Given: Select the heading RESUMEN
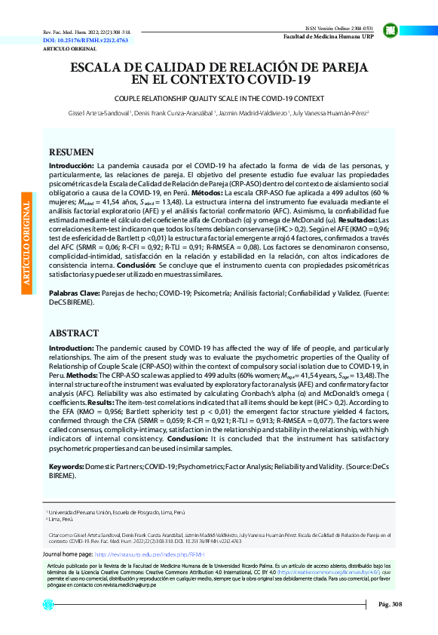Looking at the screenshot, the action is pyautogui.click(x=72, y=152).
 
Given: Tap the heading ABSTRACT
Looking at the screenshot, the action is pyautogui.click(x=73, y=333).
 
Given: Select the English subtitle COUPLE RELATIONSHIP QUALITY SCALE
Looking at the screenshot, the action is pyautogui.click(x=219, y=98).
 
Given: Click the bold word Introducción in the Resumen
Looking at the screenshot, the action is pyautogui.click(x=72, y=164).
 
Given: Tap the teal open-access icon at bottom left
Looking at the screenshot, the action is pyautogui.click(x=48, y=604).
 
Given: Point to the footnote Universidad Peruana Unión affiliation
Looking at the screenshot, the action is pyautogui.click(x=117, y=511).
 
